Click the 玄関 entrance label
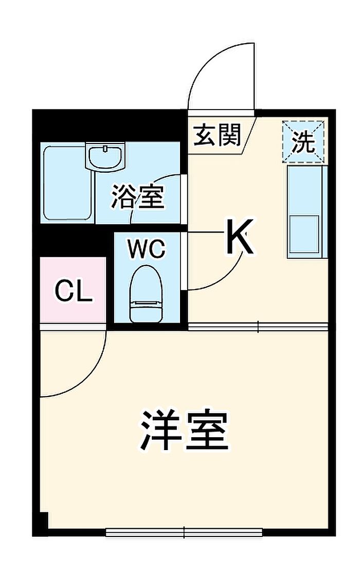tap(217, 135)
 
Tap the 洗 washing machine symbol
tap(303, 141)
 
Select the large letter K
tap(239, 237)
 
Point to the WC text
tap(146, 249)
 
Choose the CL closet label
tap(73, 291)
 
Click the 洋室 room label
tap(185, 430)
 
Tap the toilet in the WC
tap(146, 294)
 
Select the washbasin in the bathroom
tap(105, 156)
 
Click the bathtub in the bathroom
tap(67, 183)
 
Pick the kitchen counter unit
tap(307, 212)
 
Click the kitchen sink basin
tap(304, 234)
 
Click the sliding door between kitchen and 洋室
tap(258, 326)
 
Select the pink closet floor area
tap(73, 290)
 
